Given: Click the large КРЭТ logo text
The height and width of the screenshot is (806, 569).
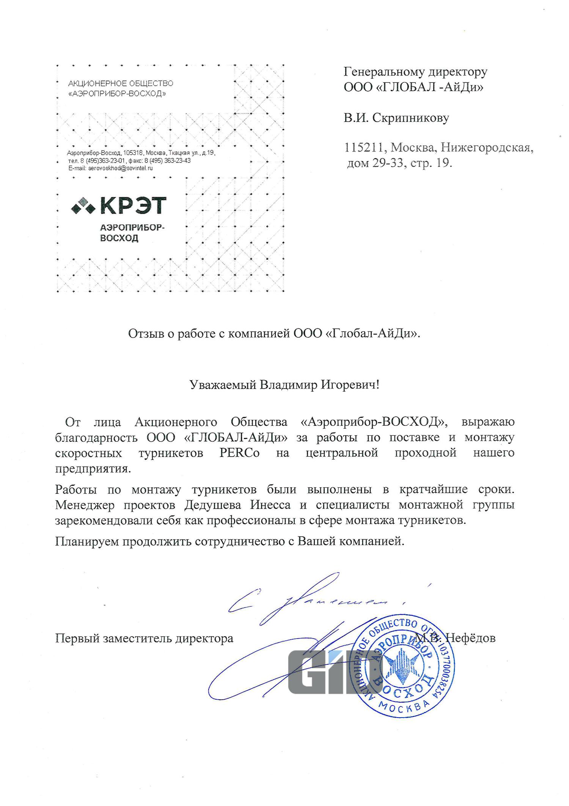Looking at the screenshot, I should (x=133, y=205).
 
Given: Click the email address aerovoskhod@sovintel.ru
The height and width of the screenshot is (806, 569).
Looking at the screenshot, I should (x=120, y=168).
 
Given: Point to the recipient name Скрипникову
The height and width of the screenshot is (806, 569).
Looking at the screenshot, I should (x=411, y=118).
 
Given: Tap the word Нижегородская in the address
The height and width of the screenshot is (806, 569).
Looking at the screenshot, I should (x=487, y=147).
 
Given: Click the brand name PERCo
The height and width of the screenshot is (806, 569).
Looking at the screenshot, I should (x=239, y=453).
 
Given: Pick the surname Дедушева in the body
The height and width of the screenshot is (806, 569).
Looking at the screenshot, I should (x=215, y=505).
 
